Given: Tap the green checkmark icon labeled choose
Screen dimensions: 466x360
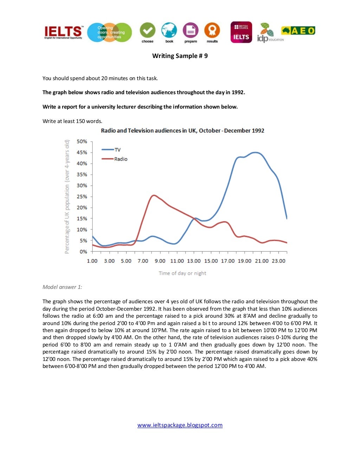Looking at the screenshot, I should (x=148, y=31).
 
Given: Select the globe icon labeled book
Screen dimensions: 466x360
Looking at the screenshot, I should (x=169, y=31).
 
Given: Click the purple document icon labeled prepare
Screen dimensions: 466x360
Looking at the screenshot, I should (x=191, y=31).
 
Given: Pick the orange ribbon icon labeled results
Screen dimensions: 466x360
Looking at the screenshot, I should (x=212, y=31).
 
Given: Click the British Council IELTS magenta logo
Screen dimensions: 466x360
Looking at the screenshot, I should (x=241, y=32).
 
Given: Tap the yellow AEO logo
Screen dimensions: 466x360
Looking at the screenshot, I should (x=298, y=31).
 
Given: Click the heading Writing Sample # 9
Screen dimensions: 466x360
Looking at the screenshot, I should (x=180, y=56).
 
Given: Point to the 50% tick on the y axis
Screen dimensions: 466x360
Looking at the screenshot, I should (x=82, y=142).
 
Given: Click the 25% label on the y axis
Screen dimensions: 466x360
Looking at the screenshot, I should (x=82, y=196).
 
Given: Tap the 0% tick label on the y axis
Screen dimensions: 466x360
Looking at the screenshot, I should (x=83, y=252).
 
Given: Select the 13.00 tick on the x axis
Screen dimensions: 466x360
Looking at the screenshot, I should (x=194, y=261).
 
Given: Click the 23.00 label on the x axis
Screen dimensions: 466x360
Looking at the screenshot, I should (x=278, y=261).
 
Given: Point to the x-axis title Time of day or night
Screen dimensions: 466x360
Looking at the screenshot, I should (x=182, y=273).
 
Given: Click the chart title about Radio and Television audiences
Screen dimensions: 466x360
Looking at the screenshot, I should (x=182, y=131).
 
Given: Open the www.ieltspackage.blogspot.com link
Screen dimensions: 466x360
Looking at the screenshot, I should (x=180, y=425).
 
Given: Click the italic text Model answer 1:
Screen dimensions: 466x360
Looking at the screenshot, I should (x=62, y=287).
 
